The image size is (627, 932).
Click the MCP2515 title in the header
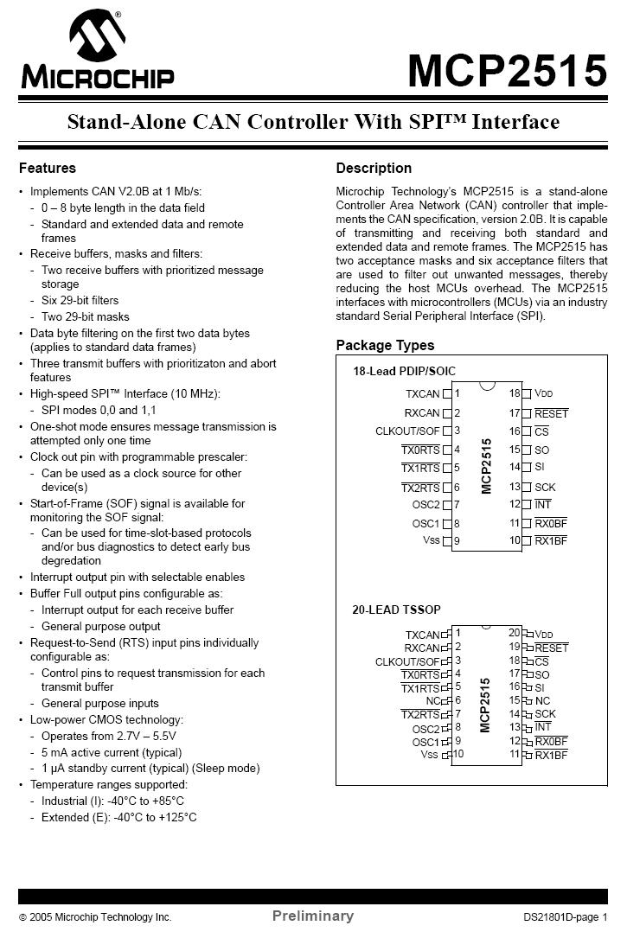pyautogui.click(x=507, y=70)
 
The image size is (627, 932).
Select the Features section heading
pyautogui.click(x=48, y=168)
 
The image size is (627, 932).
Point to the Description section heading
pyautogui.click(x=374, y=168)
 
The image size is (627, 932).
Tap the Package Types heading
pyautogui.click(x=385, y=345)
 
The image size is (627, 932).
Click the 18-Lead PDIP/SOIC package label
pyautogui.click(x=404, y=372)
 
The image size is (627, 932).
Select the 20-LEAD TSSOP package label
pyautogui.click(x=396, y=610)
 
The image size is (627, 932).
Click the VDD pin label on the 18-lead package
pyautogui.click(x=543, y=393)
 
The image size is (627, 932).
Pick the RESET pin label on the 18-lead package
pyautogui.click(x=551, y=413)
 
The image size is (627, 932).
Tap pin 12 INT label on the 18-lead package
pyautogui.click(x=542, y=504)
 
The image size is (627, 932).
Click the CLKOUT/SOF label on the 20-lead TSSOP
pyautogui.click(x=407, y=661)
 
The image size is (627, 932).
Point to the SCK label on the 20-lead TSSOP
pyautogui.click(x=545, y=714)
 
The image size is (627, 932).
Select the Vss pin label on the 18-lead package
pyautogui.click(x=431, y=540)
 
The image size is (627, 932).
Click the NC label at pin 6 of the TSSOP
pyautogui.click(x=432, y=700)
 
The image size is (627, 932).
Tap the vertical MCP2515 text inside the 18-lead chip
pyautogui.click(x=487, y=466)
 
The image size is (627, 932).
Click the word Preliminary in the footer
pyautogui.click(x=313, y=916)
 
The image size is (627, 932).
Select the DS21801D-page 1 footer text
pyautogui.click(x=565, y=916)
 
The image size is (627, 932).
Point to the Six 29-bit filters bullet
pyautogui.click(x=80, y=300)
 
